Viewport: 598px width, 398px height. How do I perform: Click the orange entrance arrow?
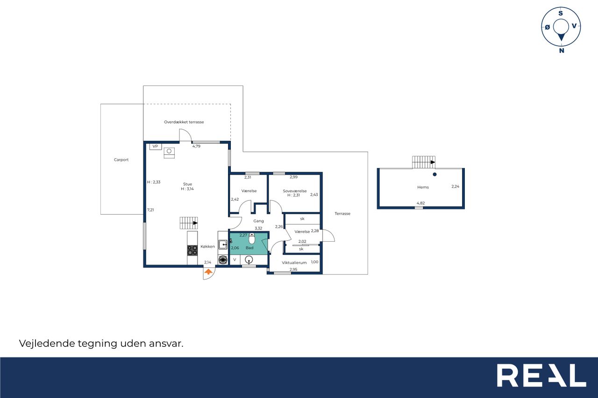coord(208,272)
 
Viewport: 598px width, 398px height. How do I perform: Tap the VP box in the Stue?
coord(156,147)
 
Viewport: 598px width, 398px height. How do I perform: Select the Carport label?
coord(121,160)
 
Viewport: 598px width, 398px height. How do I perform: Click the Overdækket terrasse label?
coord(184,122)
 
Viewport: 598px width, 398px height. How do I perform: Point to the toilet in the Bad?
coord(252,238)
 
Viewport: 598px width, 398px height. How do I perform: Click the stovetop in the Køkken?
coord(192,250)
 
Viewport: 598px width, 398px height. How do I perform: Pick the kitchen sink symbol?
coord(223,244)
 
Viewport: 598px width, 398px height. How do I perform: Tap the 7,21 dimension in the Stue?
coord(150,210)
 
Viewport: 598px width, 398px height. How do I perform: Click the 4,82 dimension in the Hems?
coord(421,203)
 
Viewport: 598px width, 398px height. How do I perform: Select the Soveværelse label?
coord(295,191)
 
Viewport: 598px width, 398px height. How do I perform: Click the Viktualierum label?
coord(294,263)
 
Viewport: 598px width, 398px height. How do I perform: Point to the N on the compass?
coord(562,50)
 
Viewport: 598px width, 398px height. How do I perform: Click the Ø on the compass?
coord(548,27)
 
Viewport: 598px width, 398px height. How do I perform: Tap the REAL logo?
coord(541,375)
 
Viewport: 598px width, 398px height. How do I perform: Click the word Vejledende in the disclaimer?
coord(47,343)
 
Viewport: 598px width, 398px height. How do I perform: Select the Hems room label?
coord(423,187)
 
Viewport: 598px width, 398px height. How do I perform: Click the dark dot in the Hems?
coord(434,175)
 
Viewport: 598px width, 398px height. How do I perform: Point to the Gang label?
coord(258,221)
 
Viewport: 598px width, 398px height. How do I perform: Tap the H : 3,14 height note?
coord(187,189)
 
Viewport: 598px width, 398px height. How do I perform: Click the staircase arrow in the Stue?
coord(195,223)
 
